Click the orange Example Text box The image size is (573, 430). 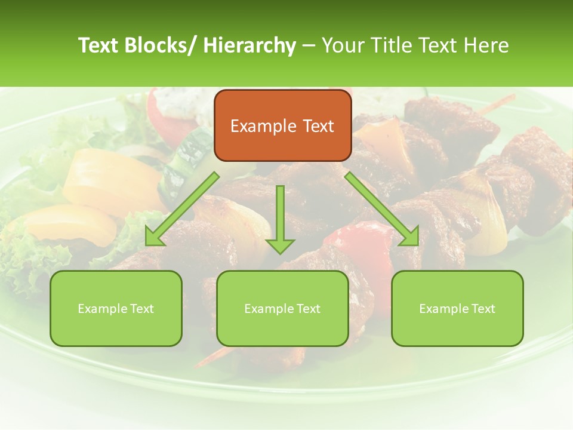pyautogui.click(x=282, y=125)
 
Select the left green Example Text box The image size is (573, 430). pyautogui.click(x=116, y=308)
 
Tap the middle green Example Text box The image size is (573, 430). pyautogui.click(x=282, y=308)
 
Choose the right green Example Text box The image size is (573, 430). pyautogui.click(x=457, y=308)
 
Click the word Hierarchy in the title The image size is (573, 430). pyautogui.click(x=249, y=45)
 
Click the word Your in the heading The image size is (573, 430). pyautogui.click(x=342, y=45)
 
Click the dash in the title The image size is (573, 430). pyautogui.click(x=308, y=45)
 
